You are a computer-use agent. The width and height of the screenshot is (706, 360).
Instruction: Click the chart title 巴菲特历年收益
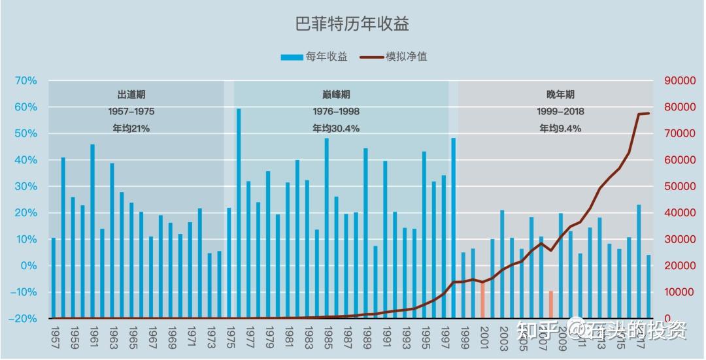point(352,24)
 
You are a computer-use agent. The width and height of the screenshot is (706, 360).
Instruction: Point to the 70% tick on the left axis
point(25,80)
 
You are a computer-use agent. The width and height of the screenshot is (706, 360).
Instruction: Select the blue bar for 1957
point(54,277)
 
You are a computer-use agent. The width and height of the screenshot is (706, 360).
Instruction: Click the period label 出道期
point(131,95)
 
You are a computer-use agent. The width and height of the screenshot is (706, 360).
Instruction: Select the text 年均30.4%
point(335,129)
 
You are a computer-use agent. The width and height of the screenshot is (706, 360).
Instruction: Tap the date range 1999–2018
point(560,112)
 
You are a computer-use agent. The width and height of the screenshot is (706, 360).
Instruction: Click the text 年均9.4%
point(560,129)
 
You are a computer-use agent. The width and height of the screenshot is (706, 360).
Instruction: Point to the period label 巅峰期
point(335,95)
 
